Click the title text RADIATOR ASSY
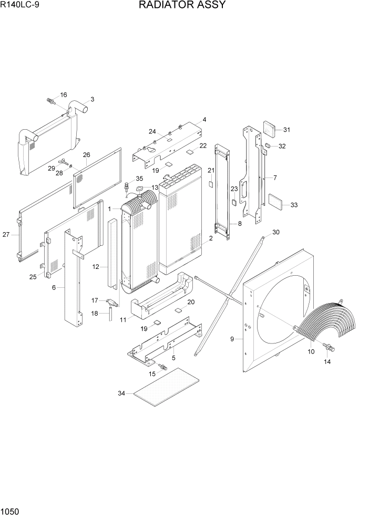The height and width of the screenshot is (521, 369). point(182,6)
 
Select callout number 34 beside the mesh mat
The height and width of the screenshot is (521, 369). point(122,392)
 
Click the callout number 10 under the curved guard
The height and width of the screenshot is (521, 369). point(311,351)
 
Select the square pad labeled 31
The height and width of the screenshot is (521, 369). point(270,128)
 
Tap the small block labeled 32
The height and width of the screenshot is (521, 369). point(268,144)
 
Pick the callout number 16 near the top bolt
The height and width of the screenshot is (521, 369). point(64,95)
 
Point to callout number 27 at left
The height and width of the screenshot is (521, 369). point(6,235)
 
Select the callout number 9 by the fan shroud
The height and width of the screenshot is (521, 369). point(232,339)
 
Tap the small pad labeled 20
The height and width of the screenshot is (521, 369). point(179,309)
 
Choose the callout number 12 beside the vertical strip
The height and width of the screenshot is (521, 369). point(96,267)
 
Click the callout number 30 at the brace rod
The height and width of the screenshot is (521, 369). point(275,232)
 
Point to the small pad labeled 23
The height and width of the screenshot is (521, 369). point(234,201)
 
